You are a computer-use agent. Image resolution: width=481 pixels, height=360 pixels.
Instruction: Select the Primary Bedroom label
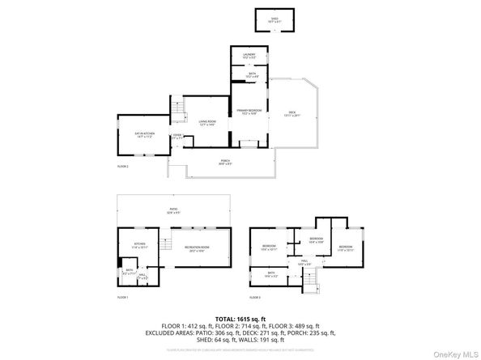(248, 112)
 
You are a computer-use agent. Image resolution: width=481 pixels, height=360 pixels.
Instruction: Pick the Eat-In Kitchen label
(144, 135)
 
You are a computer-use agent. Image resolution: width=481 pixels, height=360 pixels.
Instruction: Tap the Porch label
(225, 162)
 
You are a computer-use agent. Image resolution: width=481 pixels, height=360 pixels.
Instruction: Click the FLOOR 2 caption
(123, 166)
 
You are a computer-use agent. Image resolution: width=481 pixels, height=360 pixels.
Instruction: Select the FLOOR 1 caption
(123, 298)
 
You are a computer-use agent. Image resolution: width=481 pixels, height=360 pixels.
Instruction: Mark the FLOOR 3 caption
(256, 298)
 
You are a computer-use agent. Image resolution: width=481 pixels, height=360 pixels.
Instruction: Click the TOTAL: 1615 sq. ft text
(240, 320)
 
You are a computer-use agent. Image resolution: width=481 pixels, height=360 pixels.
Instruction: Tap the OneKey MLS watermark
(458, 353)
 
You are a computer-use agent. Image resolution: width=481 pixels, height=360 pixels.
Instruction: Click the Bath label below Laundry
(249, 75)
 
